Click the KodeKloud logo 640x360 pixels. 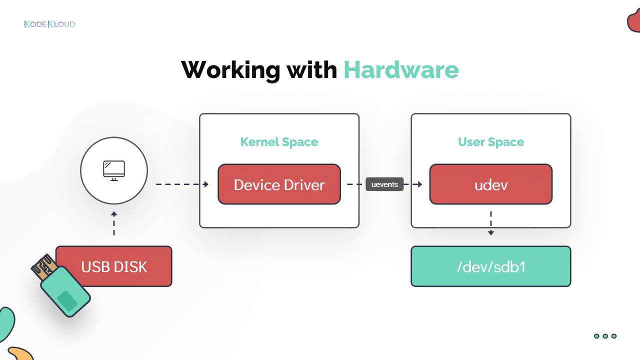tap(49, 24)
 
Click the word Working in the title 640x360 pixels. tap(230, 69)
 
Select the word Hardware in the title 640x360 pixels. tap(401, 69)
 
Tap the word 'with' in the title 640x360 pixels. tap(311, 69)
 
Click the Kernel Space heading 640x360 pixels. tap(279, 142)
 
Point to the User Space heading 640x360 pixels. tap(490, 142)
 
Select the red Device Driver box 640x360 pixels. tap(279, 184)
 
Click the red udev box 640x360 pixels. tap(490, 184)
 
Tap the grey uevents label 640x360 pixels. tap(384, 184)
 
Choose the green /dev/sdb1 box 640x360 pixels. tap(490, 266)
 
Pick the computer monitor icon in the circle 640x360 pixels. tap(114, 170)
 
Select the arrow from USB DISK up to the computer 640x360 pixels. tap(114, 223)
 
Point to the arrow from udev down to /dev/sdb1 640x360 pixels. tap(491, 223)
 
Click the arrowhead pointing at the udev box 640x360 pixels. tap(419, 184)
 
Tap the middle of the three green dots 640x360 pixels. tap(605, 336)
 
